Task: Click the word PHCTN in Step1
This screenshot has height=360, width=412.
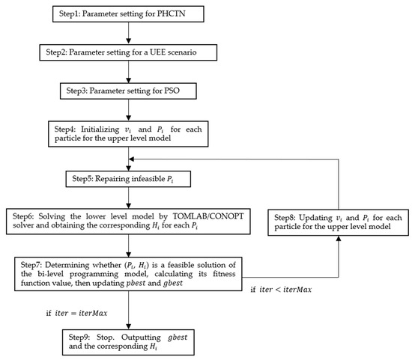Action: [171, 13]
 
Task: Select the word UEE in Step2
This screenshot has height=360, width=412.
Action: [157, 52]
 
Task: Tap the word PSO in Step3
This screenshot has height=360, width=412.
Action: [172, 91]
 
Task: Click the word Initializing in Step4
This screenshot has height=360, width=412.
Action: [100, 129]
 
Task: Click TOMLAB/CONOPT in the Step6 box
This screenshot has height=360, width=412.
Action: [207, 216]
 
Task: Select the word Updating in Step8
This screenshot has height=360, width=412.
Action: [315, 218]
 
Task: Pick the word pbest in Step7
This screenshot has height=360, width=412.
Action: [136, 283]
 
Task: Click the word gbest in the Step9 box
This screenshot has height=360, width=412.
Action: [178, 337]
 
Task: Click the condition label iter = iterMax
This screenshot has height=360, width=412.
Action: [76, 313]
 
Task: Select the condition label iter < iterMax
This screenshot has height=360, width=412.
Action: [281, 290]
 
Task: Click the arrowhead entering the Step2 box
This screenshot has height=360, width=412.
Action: [129, 40]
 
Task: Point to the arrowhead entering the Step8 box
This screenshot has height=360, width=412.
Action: [339, 239]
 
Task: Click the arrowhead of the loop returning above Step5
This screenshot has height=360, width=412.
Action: [132, 159]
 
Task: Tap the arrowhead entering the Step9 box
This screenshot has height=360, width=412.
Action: [129, 326]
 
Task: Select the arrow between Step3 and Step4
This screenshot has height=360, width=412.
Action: [129, 110]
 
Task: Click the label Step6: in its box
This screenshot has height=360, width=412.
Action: [23, 216]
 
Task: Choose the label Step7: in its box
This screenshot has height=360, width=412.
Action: [31, 265]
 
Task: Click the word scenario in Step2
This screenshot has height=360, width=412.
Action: [182, 52]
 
